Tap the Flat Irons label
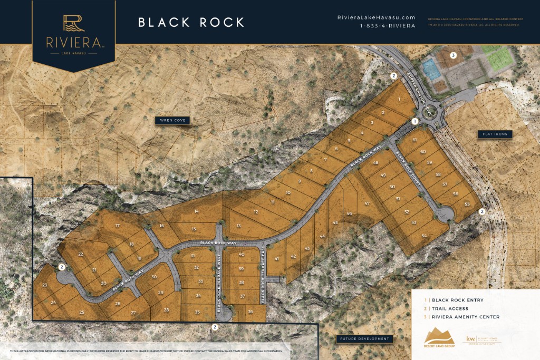click(x=495, y=134)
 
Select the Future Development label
click(x=364, y=338)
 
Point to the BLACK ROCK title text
click(x=191, y=22)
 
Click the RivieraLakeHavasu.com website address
click(x=376, y=17)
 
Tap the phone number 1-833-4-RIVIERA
click(x=388, y=26)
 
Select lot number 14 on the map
click(x=196, y=211)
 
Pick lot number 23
click(x=45, y=285)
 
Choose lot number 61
click(x=414, y=140)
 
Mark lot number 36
click(x=250, y=312)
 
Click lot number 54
click(x=424, y=236)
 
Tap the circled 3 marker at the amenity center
click(x=453, y=55)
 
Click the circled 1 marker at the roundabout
click(x=415, y=121)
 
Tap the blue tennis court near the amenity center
click(x=431, y=68)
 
